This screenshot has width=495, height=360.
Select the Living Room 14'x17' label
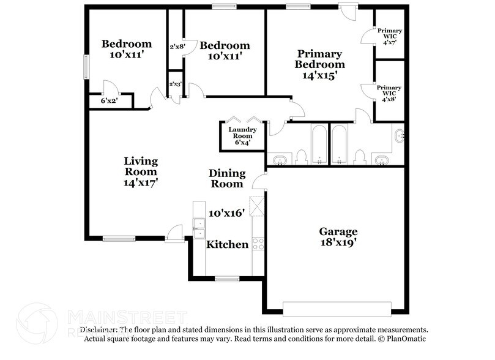[141, 171]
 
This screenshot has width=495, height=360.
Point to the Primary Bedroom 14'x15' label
[319, 64]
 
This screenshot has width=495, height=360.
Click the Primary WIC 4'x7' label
[389, 36]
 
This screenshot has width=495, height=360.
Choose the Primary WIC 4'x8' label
[389, 94]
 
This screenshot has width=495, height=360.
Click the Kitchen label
[227, 244]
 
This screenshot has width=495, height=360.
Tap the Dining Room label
[227, 178]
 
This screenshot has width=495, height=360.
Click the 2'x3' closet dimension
[175, 84]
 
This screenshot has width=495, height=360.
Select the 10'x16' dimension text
[226, 213]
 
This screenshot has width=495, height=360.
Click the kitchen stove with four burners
[258, 244]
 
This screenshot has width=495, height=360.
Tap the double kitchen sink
[199, 227]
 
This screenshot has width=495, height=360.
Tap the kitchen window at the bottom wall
[227, 279]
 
